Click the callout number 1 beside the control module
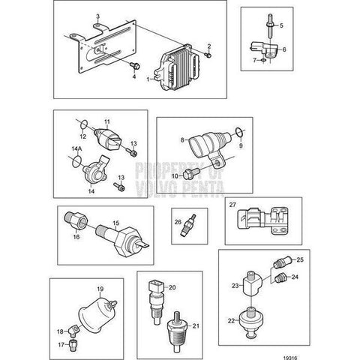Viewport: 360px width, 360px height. (148, 79)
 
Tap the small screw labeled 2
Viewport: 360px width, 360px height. (208, 55)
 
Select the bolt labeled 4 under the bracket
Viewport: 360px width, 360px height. (135, 66)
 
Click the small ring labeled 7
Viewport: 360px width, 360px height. (263, 60)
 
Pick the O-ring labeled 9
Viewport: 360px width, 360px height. (239, 132)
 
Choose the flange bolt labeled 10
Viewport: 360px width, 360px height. (191, 173)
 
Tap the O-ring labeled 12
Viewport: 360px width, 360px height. (84, 124)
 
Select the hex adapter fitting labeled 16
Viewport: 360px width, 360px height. (76, 220)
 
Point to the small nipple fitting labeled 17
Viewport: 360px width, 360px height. (73, 344)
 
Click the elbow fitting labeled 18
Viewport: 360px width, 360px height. (73, 330)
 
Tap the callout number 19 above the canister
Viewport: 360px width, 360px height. (100, 289)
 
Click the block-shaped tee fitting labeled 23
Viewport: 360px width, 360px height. (252, 284)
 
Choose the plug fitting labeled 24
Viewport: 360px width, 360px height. (280, 278)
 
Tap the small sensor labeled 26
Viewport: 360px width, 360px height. (188, 225)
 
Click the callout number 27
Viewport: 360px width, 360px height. (232, 205)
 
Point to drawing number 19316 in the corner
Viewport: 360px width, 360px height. (290, 358)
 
